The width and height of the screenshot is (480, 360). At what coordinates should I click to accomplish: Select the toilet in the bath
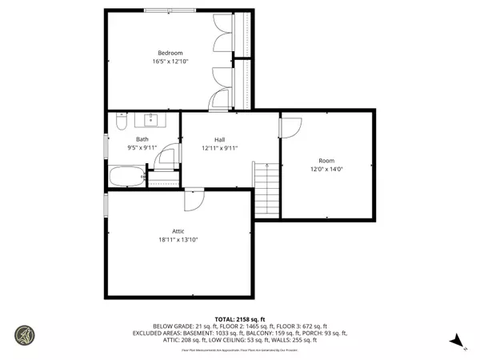point(120,122)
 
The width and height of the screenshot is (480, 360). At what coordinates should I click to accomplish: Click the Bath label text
point(142,139)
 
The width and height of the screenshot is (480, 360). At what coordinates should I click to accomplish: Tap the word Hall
point(218,139)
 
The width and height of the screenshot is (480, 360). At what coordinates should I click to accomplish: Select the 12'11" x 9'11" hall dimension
point(218,148)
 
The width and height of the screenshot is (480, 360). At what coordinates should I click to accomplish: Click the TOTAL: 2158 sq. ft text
point(239,318)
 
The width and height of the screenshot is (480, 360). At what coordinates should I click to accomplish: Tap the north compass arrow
point(457,342)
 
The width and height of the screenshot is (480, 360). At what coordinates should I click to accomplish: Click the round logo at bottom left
point(25,334)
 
